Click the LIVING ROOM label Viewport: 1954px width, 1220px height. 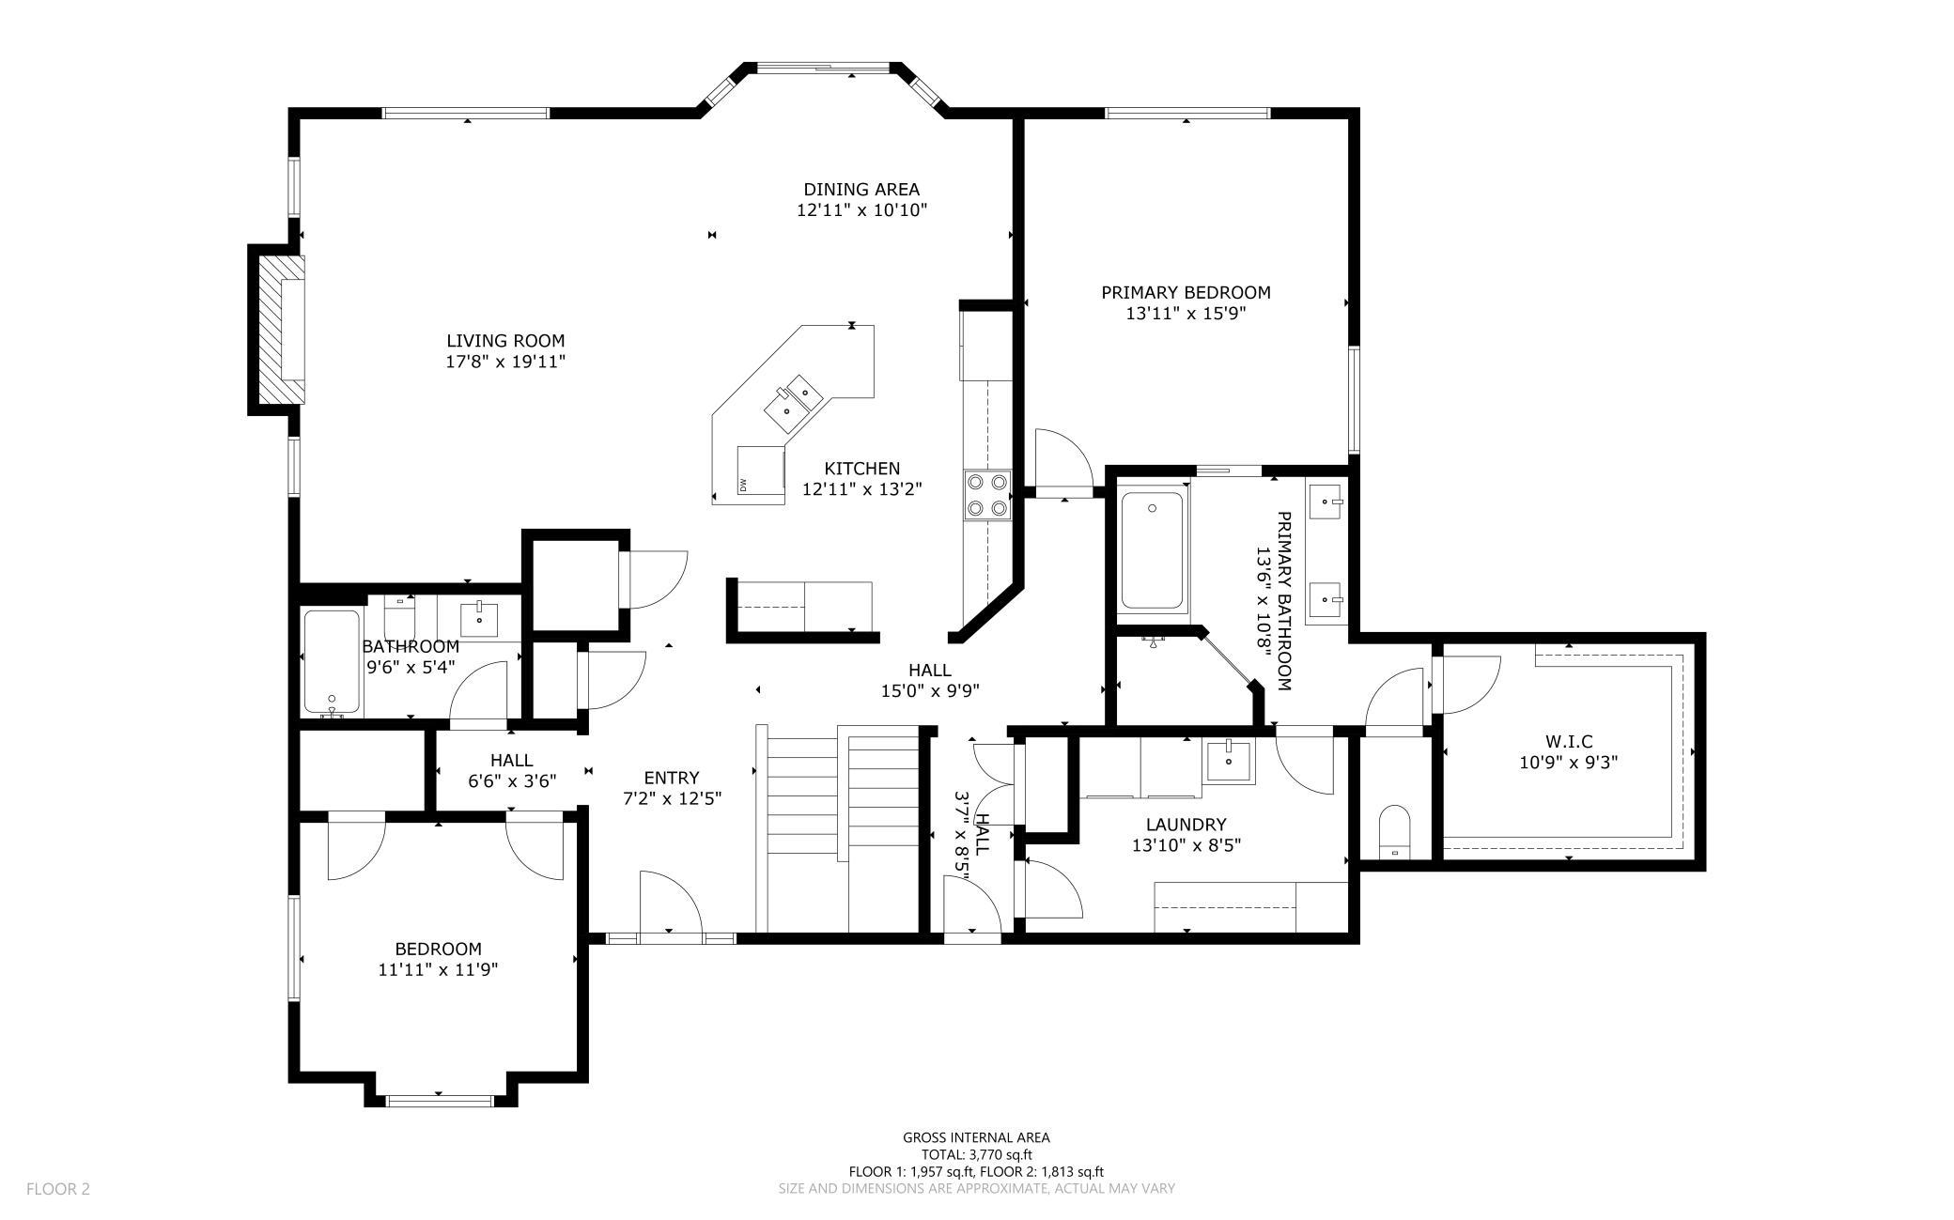click(x=505, y=341)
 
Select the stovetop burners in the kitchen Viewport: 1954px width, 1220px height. click(x=986, y=495)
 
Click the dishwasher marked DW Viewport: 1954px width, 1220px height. click(x=761, y=470)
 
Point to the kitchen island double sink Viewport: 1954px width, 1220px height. click(x=793, y=399)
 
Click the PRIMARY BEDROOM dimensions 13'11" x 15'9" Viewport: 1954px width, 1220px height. click(x=1186, y=314)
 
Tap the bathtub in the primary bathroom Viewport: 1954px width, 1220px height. click(x=1153, y=550)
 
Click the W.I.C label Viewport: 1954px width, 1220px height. click(x=1568, y=742)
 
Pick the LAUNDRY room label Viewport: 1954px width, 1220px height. click(x=1186, y=825)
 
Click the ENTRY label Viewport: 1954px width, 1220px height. click(x=672, y=778)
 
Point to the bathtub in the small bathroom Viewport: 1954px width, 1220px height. click(x=331, y=662)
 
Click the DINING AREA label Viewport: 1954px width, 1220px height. click(x=861, y=190)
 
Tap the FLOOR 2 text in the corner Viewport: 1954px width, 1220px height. click(x=58, y=1189)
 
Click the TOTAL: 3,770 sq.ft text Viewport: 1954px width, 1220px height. click(x=976, y=1154)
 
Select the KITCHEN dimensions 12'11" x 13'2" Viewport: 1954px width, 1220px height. click(x=862, y=489)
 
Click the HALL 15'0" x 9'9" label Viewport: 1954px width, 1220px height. click(x=930, y=681)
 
